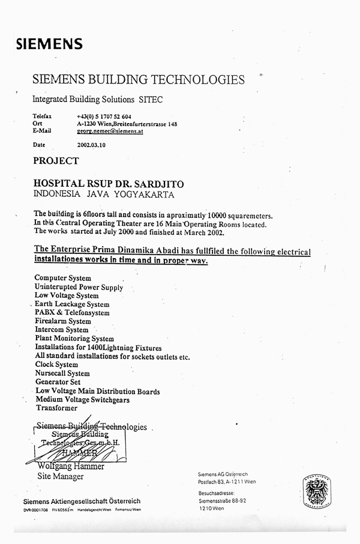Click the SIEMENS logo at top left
(49, 43)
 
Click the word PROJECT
(56, 161)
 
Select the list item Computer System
(63, 278)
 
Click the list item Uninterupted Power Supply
(79, 287)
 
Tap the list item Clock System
(57, 364)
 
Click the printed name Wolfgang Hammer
(67, 467)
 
